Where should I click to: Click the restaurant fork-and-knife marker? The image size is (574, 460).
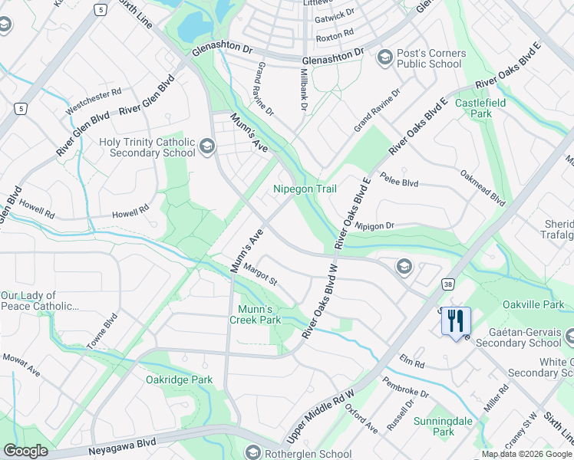pos(457,320)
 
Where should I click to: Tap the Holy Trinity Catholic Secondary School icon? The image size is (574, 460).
pos(206,146)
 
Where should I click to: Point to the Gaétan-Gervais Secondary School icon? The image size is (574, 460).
pos(569,335)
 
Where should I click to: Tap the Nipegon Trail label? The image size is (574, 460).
pos(305,189)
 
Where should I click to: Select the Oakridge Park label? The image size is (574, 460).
pos(179,379)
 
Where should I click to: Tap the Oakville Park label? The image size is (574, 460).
pos(533,304)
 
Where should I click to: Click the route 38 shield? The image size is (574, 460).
pos(447,284)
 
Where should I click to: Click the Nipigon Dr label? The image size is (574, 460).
pos(374,225)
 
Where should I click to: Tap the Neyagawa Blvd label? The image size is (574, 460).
pos(122,442)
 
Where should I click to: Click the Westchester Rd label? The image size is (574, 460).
pos(94,102)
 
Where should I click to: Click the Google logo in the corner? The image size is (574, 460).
pos(25,451)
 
